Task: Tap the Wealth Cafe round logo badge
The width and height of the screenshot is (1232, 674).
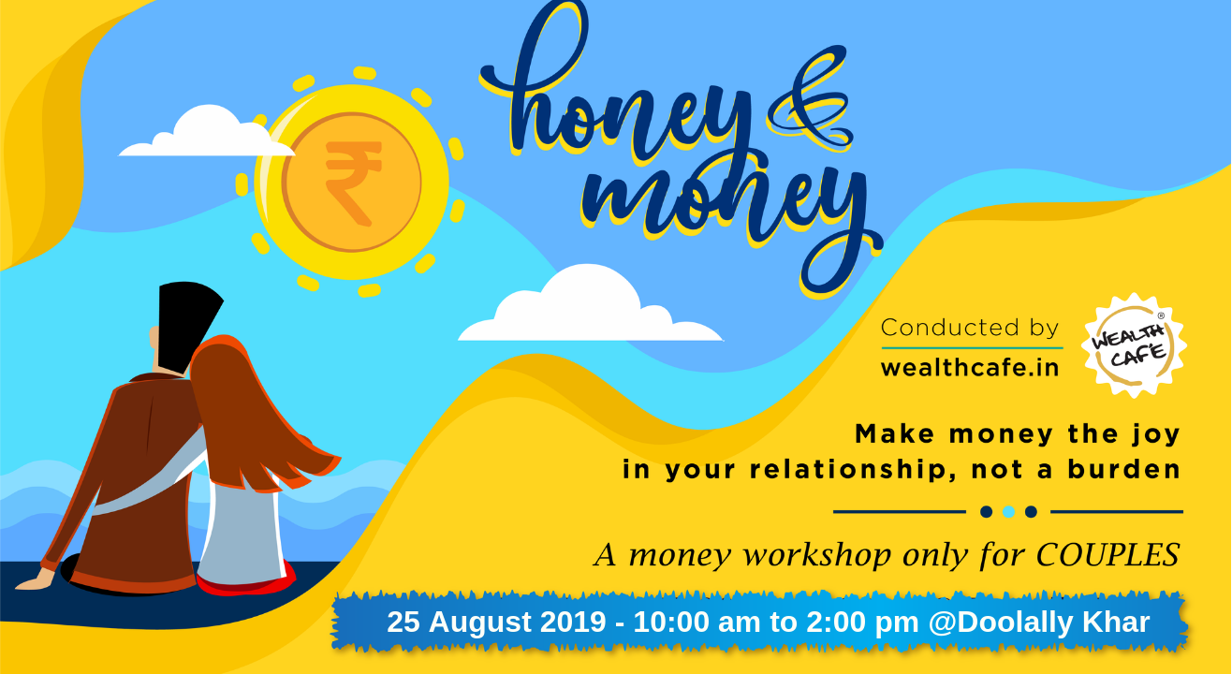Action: [1134, 345]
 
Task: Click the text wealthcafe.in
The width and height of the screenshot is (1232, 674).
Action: [970, 368]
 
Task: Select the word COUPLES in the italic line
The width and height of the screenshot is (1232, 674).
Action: [1107, 555]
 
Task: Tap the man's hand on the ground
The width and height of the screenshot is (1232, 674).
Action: [36, 579]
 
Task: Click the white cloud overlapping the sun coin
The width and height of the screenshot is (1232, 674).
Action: [206, 132]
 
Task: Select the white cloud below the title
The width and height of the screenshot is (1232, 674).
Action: [590, 305]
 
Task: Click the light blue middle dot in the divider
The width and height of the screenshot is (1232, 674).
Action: [1008, 512]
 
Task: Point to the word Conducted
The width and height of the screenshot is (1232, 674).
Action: [950, 328]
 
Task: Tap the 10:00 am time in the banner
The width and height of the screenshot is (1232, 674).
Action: [697, 622]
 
